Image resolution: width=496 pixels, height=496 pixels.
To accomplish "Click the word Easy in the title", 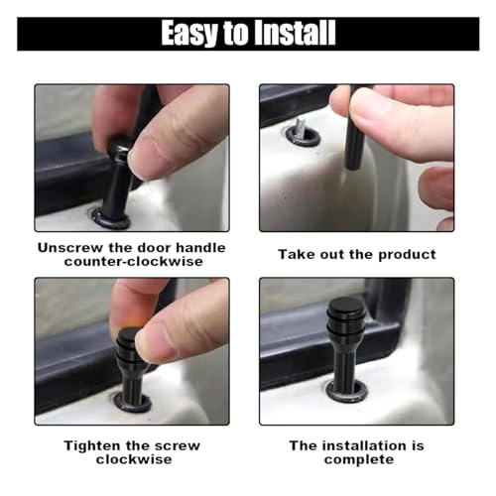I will pos(192,33).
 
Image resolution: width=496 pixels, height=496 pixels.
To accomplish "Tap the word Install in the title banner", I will pos(293,33).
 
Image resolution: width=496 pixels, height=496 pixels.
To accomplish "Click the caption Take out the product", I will pos(356,255).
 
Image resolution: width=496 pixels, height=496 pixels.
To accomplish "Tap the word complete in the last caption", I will pos(357,459).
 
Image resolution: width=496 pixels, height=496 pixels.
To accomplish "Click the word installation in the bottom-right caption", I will pos(354,445).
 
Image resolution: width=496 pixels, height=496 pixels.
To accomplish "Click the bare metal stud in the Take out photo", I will pos(297,127).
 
